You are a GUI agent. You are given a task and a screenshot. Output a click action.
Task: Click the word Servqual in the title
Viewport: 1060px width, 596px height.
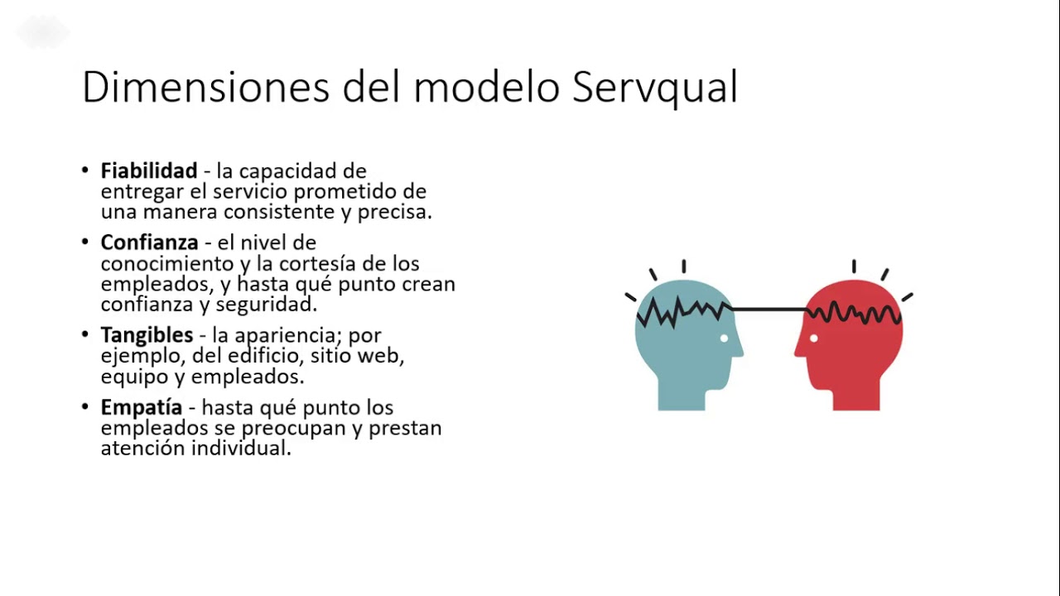coord(654,87)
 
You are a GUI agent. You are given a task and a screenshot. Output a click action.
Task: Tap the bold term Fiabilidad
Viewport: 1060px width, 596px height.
coord(149,171)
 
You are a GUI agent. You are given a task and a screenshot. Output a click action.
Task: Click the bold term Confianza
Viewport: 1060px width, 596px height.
coord(150,243)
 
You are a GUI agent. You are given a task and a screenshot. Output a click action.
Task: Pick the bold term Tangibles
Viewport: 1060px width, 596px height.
coord(147,336)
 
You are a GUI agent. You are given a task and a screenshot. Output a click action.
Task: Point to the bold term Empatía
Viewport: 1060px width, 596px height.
coord(142,408)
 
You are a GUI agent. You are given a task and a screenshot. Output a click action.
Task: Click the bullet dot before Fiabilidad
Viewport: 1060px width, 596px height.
coord(85,171)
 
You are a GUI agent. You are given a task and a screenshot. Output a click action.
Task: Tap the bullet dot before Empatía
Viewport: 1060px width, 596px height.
coord(85,407)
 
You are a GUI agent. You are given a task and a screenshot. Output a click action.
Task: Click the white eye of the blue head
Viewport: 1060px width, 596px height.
coord(724,338)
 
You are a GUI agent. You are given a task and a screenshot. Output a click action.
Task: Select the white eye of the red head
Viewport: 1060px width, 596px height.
coord(814,338)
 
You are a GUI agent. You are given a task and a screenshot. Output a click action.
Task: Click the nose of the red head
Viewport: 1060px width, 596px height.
coord(797,352)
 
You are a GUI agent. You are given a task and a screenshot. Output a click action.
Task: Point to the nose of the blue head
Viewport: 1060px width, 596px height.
coord(740,352)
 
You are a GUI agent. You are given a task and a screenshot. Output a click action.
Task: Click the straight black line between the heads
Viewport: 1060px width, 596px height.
coord(770,310)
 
